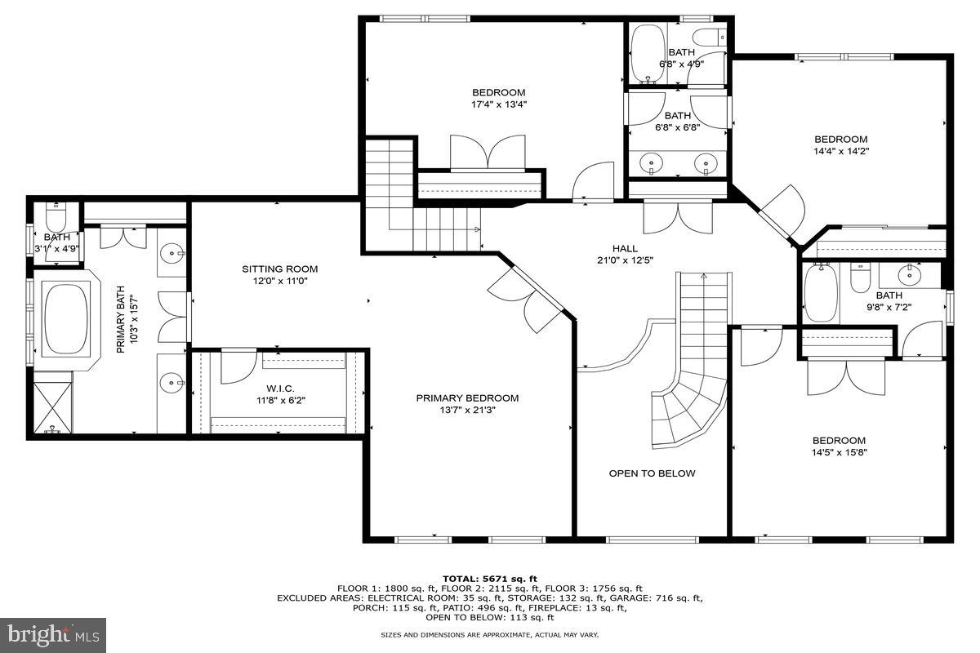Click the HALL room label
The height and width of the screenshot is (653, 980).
pos(625,248)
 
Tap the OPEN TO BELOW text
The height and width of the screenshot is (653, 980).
pos(652,473)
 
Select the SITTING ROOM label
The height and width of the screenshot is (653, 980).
pos(279,269)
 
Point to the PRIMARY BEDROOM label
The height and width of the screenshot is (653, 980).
pos(467,398)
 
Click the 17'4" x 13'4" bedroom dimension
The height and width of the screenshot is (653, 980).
pos(498,104)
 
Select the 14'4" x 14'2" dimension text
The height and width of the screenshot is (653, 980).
pos(840,151)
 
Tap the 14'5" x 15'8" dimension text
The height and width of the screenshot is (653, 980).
pos(839,452)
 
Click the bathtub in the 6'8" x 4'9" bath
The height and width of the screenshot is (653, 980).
pos(649,53)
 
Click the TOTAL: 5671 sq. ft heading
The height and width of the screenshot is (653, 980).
pos(489,578)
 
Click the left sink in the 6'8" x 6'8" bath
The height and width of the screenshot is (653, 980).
pos(652,165)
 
